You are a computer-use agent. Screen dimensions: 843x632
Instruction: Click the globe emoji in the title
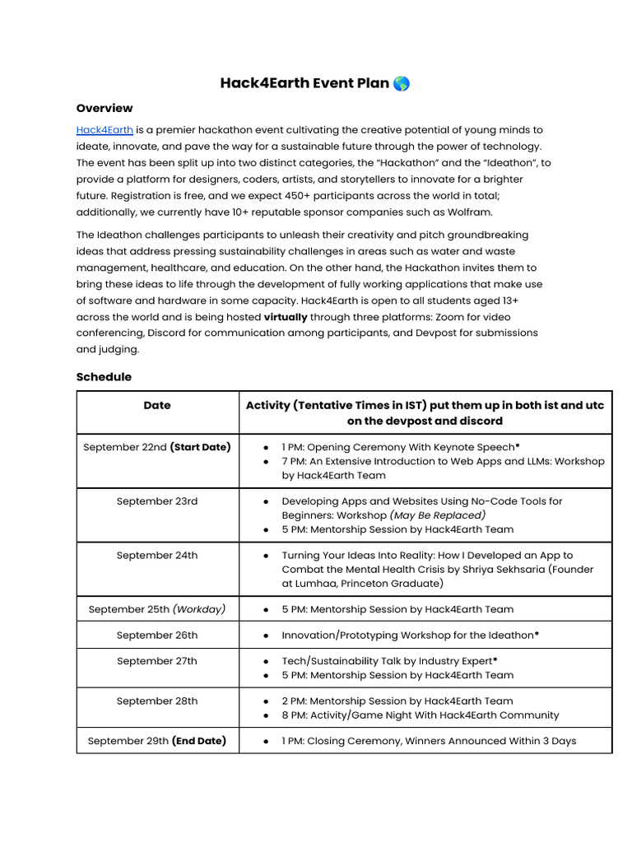(x=402, y=83)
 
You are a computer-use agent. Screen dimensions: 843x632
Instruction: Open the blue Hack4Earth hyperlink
(x=105, y=130)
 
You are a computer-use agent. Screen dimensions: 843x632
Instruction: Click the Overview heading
(x=105, y=108)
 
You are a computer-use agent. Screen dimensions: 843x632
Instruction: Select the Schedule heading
(x=104, y=376)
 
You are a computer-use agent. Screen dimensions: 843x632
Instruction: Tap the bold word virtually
(x=286, y=317)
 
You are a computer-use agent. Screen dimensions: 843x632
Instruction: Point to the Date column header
(x=157, y=405)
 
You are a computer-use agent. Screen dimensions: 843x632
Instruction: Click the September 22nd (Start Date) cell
(x=157, y=447)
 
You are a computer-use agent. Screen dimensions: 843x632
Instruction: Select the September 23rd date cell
(x=157, y=501)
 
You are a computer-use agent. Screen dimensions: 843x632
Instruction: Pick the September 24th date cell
(x=157, y=556)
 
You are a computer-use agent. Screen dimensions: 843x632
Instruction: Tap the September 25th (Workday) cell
(x=157, y=609)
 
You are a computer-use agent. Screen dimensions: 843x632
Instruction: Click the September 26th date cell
(x=157, y=636)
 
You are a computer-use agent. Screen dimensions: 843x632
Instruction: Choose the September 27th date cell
(x=157, y=661)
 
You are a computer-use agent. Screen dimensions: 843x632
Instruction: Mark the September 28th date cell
(x=157, y=701)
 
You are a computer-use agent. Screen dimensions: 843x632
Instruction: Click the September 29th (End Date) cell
(x=157, y=741)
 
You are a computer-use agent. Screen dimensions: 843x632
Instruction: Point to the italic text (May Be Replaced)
(x=437, y=515)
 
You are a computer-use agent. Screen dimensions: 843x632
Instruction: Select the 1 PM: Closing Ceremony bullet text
(x=429, y=741)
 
